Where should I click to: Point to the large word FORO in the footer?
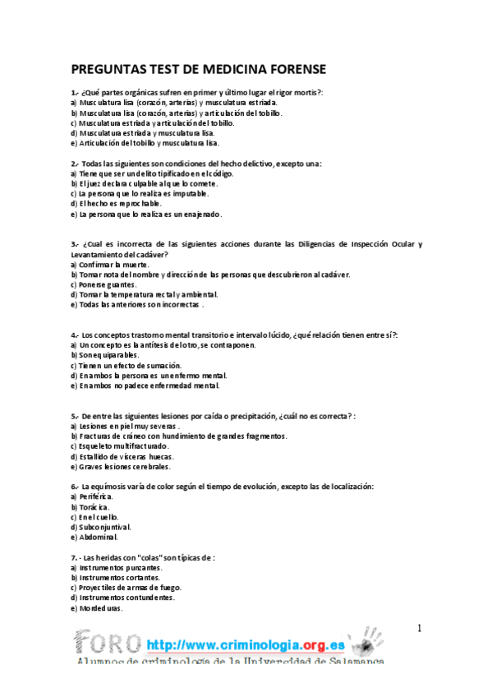(107, 641)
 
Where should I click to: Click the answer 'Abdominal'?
(97, 536)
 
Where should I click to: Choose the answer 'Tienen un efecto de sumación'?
(126, 365)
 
